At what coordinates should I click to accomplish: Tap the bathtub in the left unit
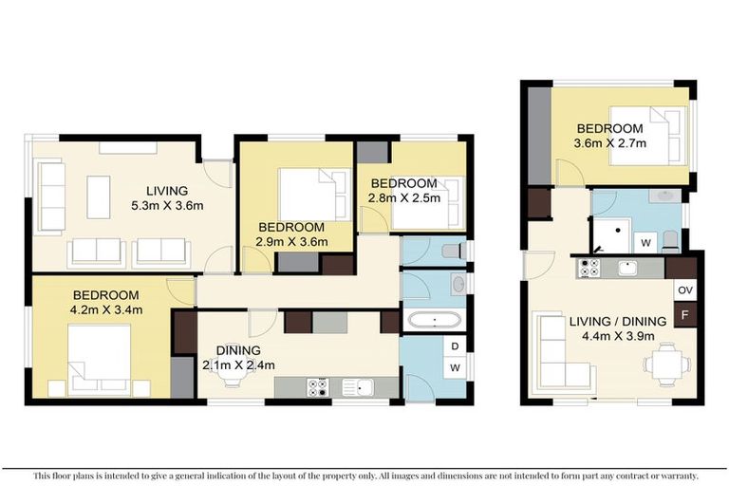433,319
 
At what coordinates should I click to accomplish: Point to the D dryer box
456,346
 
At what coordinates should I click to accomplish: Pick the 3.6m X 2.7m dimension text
609,144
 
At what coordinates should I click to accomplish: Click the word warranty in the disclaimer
678,475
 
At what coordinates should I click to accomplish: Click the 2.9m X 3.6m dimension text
293,241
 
